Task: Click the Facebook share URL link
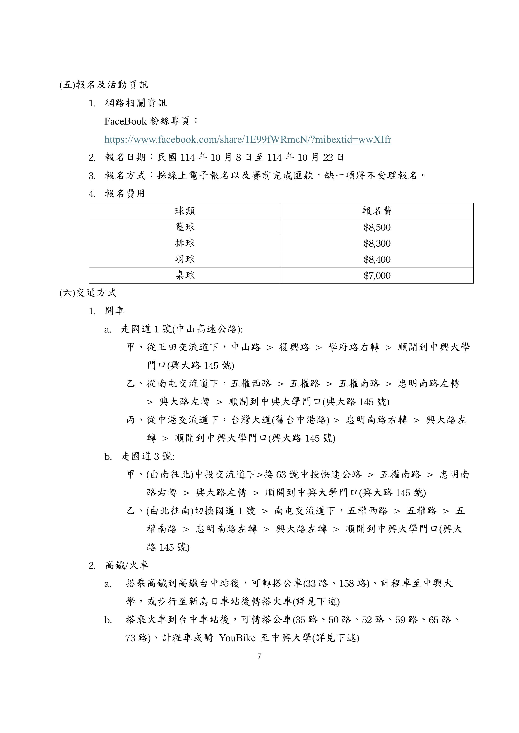coord(248,140)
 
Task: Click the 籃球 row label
coord(185,227)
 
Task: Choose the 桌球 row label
coord(185,276)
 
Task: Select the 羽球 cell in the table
coord(185,260)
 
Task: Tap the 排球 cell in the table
coord(185,243)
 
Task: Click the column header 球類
coord(185,211)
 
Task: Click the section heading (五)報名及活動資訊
coord(104,85)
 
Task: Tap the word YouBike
coord(237,638)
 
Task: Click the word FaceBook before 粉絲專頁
coord(125,121)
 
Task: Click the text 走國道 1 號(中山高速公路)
coord(182,329)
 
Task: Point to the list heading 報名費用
coord(125,193)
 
